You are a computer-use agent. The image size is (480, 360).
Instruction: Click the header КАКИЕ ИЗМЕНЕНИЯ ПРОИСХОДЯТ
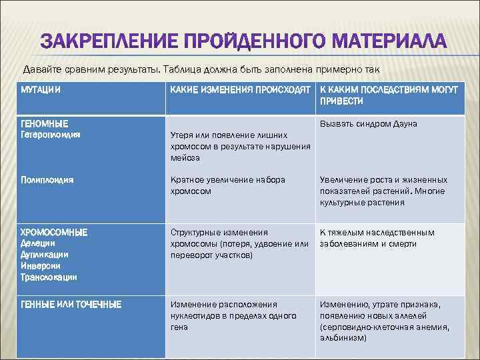[240, 89]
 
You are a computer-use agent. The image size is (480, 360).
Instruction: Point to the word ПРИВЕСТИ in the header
[341, 101]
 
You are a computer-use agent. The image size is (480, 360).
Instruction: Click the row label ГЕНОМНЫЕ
[44, 124]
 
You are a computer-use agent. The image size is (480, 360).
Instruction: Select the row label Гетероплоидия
[51, 134]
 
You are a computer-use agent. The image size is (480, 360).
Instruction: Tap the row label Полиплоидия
[47, 180]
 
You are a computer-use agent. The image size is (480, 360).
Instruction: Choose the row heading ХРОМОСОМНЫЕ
[54, 233]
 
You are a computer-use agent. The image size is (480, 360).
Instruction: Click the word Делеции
[37, 243]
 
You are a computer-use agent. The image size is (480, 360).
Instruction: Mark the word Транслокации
[49, 277]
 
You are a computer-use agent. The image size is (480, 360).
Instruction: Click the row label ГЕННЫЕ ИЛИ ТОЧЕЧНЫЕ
[71, 305]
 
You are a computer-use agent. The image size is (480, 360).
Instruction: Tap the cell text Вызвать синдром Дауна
[369, 124]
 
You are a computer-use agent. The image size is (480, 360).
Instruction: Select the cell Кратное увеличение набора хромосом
[227, 185]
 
